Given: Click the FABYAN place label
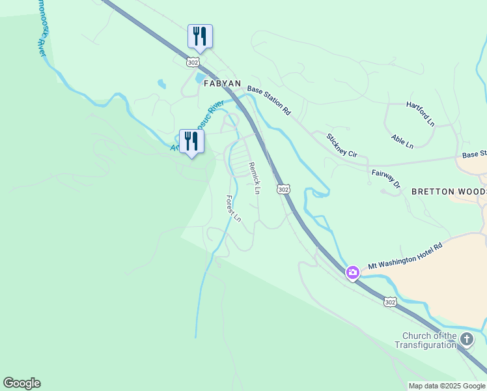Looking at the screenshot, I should (x=223, y=84).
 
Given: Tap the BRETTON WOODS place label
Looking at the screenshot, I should (x=449, y=192).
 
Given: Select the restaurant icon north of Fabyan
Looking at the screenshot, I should (x=200, y=36).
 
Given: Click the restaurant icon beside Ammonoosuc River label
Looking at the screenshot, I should (x=191, y=141).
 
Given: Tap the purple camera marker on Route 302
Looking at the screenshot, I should (x=353, y=272).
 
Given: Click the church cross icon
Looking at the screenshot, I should (x=467, y=339).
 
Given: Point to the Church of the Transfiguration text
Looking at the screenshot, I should (x=428, y=340).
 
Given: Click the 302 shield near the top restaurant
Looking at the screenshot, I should (x=192, y=62).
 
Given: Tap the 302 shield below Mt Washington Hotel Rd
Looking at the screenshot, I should (x=389, y=302).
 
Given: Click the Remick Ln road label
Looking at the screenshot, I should (x=255, y=177).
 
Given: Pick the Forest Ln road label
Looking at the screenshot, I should (x=233, y=209).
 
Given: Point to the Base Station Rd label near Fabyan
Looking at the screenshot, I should (x=268, y=100).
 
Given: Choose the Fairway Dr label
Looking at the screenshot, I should (x=386, y=179).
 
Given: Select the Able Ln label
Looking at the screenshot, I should (x=402, y=141).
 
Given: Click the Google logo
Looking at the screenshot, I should (x=21, y=383).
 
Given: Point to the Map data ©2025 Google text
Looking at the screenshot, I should (x=447, y=386).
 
